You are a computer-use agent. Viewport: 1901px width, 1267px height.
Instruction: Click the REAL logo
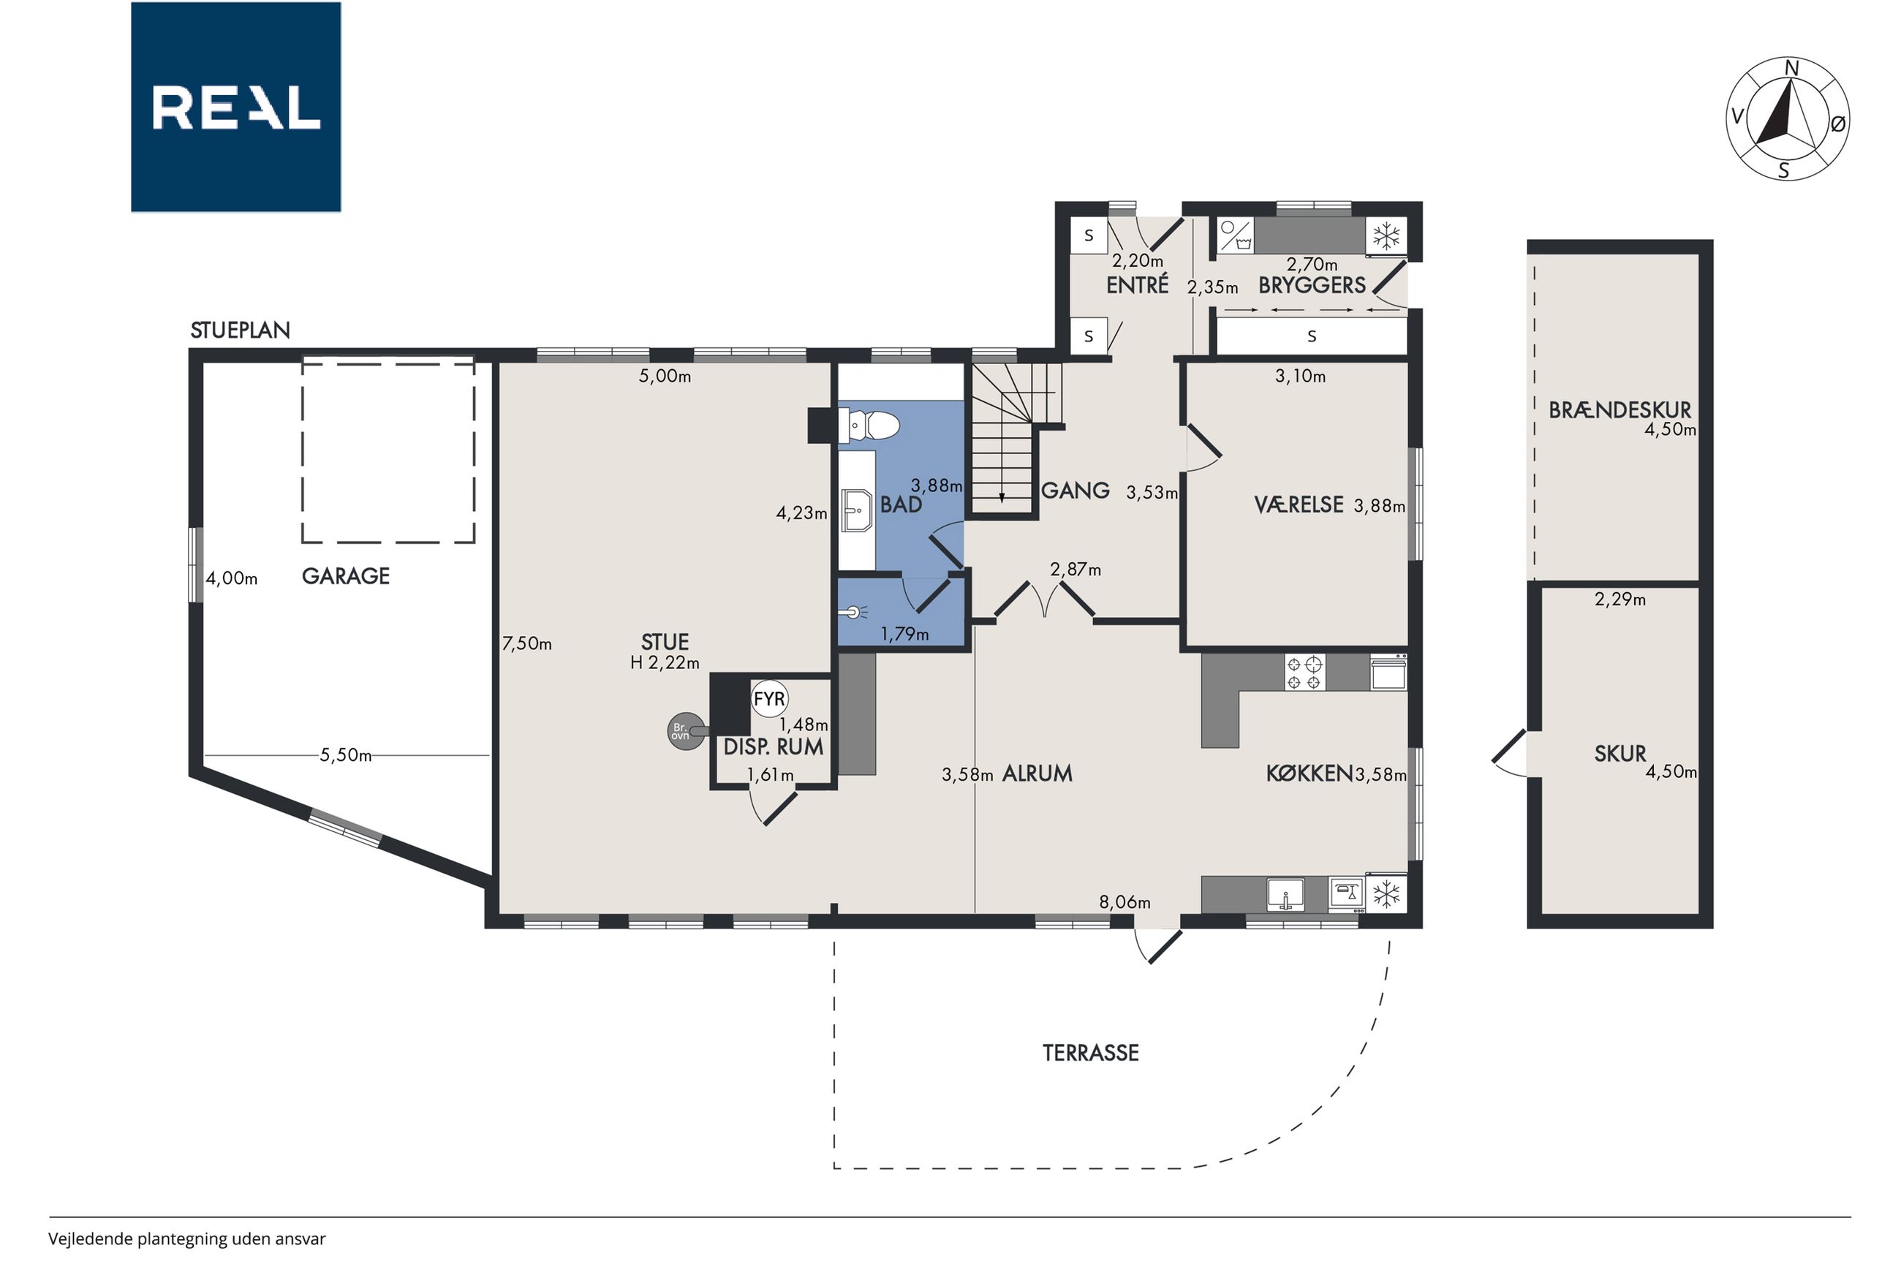[x=236, y=107]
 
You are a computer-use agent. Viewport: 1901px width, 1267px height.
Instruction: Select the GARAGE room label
[x=346, y=575]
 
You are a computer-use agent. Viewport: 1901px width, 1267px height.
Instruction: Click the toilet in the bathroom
[x=869, y=425]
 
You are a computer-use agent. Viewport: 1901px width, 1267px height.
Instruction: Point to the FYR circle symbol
[x=769, y=699]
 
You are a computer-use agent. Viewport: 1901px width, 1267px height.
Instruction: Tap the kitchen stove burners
[x=1305, y=673]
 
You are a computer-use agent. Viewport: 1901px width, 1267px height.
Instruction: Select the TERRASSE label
[x=1091, y=1053]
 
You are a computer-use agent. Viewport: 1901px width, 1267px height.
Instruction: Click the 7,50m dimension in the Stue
[x=526, y=644]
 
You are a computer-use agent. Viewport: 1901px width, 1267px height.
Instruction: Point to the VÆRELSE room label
[x=1299, y=505]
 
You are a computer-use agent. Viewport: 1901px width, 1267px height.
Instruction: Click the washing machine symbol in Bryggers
[x=1236, y=235]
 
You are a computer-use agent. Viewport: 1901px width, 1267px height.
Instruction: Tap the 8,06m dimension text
[x=1125, y=901]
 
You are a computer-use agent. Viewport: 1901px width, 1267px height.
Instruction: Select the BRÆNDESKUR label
[x=1619, y=410]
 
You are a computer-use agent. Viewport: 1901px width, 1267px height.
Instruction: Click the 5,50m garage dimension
[x=346, y=754]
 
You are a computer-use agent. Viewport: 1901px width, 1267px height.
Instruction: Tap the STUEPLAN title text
[x=240, y=330]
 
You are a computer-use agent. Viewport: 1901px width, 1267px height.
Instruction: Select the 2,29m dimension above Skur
[x=1620, y=600]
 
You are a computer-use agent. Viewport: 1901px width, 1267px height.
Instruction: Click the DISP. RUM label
[x=773, y=746]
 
